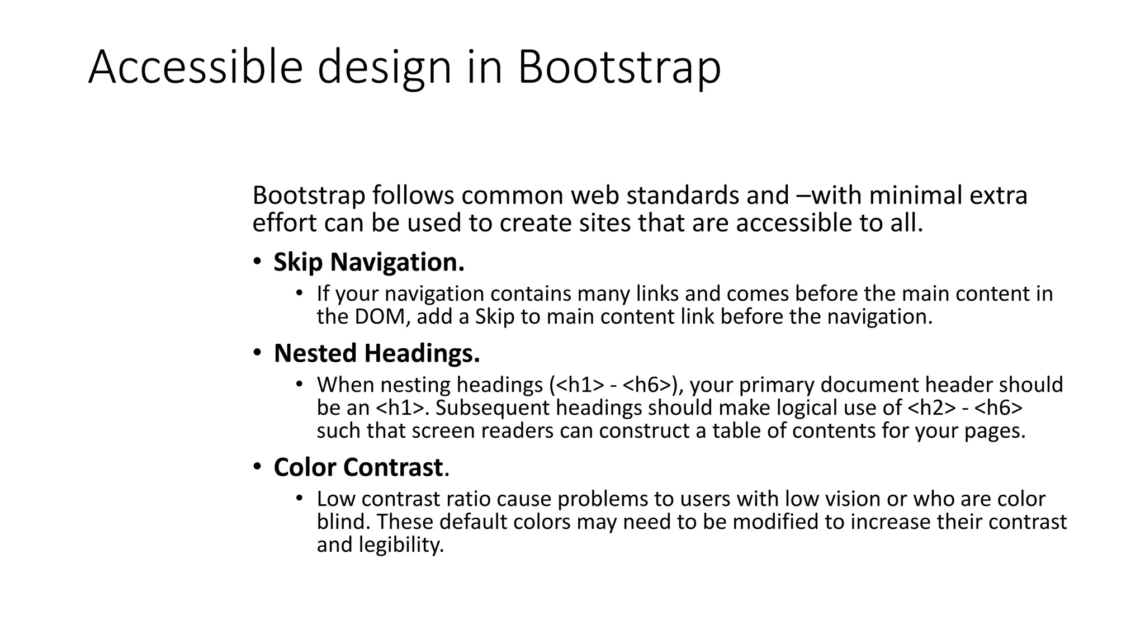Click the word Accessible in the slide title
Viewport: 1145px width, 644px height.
pos(195,67)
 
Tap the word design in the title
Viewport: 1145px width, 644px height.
pos(384,68)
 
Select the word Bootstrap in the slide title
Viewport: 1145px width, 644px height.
pos(619,68)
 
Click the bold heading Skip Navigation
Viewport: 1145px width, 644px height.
pos(369,262)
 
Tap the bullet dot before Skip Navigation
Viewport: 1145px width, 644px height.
pos(257,261)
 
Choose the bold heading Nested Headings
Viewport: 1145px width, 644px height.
pos(377,353)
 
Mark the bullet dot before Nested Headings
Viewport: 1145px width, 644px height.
pos(257,352)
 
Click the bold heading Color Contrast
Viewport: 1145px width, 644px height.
pos(358,467)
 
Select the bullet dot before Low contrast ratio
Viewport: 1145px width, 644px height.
pos(300,498)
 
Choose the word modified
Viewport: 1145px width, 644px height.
pos(777,522)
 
